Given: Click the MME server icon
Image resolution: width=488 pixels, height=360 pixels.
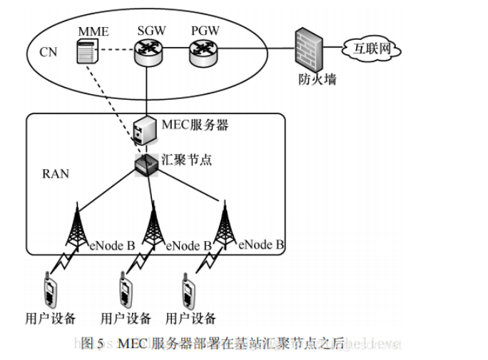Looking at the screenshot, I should click(x=86, y=54).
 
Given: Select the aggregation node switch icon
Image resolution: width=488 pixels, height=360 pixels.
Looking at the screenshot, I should click(x=146, y=164).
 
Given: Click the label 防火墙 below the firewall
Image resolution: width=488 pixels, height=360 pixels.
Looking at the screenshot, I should click(x=314, y=79).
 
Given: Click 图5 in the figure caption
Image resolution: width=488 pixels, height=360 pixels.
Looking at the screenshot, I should click(x=93, y=343).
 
